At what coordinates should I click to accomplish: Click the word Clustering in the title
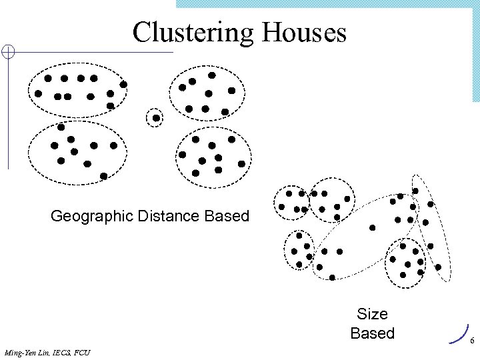click(x=188, y=32)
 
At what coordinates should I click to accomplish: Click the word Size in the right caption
click(x=372, y=313)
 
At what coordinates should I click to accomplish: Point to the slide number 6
click(x=471, y=341)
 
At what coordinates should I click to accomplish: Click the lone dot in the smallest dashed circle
click(x=155, y=118)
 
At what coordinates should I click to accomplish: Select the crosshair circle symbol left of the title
click(x=7, y=53)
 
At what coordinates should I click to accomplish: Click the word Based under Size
click(x=372, y=333)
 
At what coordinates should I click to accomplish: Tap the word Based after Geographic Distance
click(x=227, y=216)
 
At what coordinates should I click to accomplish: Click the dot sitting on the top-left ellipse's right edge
click(x=123, y=85)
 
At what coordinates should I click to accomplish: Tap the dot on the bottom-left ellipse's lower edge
click(x=103, y=176)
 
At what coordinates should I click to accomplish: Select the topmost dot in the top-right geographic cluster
click(x=212, y=75)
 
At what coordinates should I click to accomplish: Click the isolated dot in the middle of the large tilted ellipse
click(x=372, y=228)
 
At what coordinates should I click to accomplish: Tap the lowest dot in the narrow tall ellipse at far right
click(x=438, y=267)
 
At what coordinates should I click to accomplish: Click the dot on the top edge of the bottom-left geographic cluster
click(x=61, y=126)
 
